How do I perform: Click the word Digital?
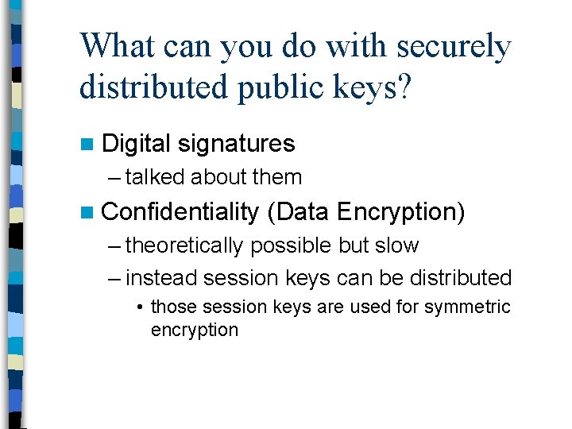pos(137,144)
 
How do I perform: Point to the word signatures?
pos(237,144)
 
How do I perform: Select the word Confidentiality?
pos(181,212)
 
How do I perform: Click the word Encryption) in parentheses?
pos(401,212)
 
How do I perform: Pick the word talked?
pos(156,177)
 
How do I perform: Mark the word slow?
pos(397,245)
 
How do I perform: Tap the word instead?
pos(162,278)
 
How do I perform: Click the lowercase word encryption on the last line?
pos(195,330)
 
